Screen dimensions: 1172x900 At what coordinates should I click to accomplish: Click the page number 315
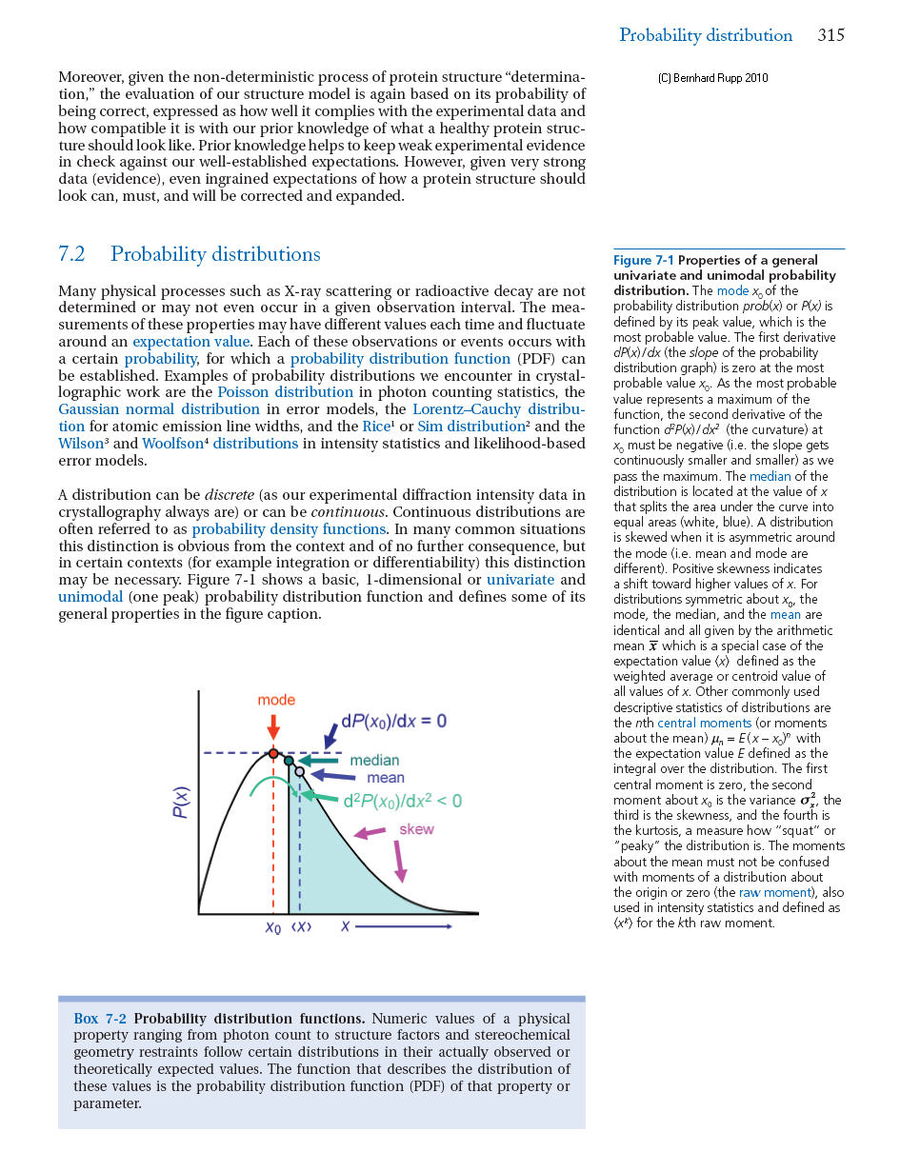830,36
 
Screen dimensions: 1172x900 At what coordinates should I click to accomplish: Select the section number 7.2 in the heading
71,255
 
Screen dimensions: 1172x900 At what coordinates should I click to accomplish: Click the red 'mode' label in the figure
276,700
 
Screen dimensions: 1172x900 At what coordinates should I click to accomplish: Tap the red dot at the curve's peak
273,753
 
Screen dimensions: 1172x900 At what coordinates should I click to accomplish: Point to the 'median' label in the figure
374,761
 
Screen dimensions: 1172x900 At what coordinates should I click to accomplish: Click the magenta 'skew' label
416,829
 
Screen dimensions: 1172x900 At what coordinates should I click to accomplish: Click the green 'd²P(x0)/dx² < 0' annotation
403,802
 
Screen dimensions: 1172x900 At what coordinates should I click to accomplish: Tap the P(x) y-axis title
180,802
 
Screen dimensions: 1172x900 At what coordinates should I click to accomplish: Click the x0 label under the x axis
273,926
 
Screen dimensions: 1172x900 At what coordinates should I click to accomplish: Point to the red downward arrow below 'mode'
273,726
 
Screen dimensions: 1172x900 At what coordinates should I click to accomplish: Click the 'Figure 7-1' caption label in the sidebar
644,261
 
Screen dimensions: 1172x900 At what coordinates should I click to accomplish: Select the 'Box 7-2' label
99,1019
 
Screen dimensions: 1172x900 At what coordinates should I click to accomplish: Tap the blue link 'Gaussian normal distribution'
146,409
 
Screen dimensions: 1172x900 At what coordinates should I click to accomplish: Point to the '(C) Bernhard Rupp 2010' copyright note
712,78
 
